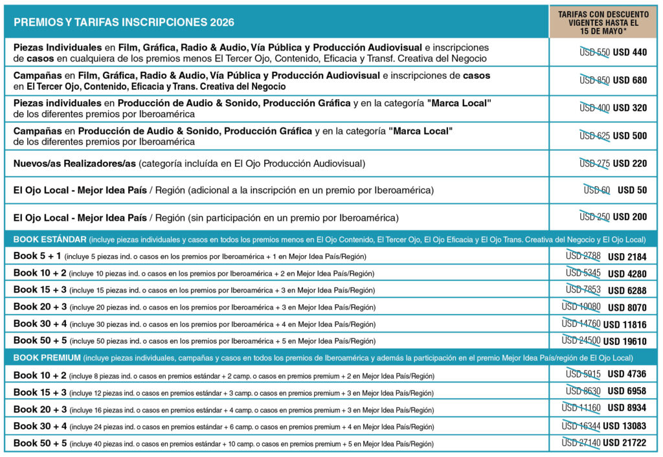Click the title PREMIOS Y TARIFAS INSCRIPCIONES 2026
124,22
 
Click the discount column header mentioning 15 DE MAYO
603,22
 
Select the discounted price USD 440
630,52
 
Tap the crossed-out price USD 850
594,80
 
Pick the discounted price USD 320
630,108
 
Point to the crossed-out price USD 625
594,136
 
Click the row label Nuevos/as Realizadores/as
74,164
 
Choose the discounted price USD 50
632,190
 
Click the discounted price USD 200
630,217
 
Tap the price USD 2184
627,257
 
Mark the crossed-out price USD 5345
583,273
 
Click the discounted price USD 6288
627,291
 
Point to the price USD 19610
625,341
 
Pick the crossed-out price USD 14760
581,324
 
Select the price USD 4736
627,374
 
